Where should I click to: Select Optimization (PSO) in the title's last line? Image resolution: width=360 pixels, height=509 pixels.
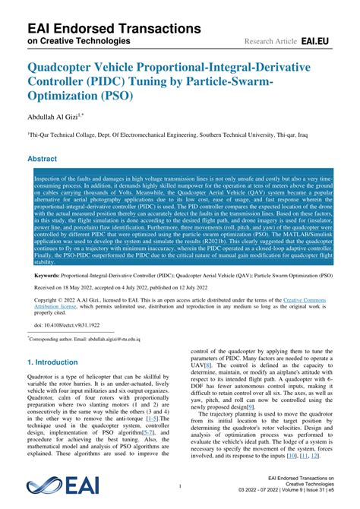(81, 96)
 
